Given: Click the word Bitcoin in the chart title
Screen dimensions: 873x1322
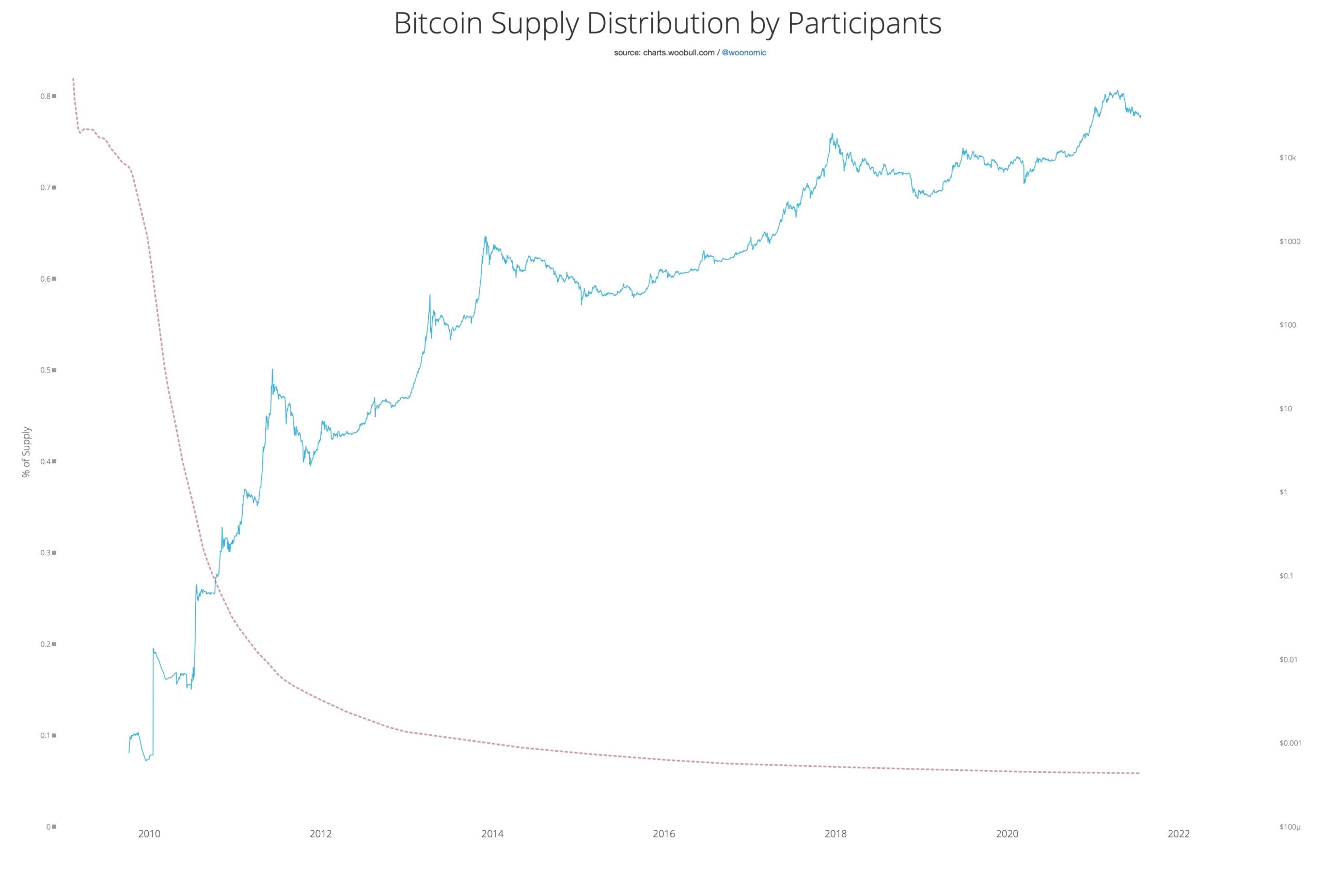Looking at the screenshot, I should coord(438,23).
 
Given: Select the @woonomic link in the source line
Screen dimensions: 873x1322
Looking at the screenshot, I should coord(744,53).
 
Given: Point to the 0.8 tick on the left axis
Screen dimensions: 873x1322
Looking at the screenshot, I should coord(48,96).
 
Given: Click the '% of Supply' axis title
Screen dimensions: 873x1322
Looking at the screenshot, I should coord(26,452).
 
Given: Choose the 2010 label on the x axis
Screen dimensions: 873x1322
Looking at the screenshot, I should coord(149,834).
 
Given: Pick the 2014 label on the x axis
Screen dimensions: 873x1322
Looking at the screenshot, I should coord(492,834).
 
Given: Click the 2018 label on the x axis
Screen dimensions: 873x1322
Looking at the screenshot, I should coord(835,834).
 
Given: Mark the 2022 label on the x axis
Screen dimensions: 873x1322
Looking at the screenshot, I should coord(1178,834).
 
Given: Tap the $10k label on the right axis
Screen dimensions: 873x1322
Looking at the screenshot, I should coord(1287,158).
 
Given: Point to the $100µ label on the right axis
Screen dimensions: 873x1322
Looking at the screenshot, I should coord(1289,827).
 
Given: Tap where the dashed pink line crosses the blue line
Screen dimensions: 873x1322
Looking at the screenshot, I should coord(215,580).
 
